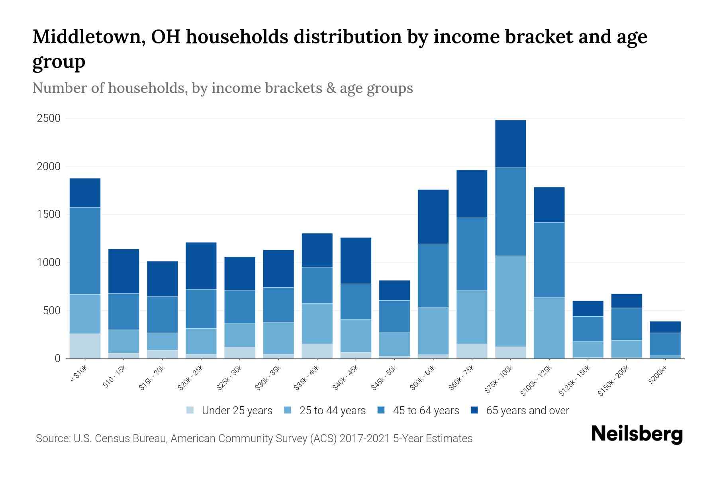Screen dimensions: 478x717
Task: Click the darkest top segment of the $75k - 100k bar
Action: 510,144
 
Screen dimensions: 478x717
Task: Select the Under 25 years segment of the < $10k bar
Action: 85,346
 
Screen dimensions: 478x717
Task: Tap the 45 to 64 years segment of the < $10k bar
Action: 85,251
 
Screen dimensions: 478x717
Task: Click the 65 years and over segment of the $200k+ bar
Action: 665,327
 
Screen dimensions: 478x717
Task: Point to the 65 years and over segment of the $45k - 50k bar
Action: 394,290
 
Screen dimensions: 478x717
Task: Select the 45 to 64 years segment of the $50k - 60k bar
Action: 433,276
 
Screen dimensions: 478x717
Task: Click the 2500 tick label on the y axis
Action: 49,118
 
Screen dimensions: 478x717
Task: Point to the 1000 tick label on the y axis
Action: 49,263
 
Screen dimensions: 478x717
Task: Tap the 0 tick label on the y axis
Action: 57,358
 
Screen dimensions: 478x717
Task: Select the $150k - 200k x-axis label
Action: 614,381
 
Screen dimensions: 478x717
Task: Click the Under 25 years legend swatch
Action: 190,410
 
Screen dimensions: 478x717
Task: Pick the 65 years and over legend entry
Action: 527,411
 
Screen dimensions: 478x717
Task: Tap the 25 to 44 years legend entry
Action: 332,411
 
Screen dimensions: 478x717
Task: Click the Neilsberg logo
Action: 637,434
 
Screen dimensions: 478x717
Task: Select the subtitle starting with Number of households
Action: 222,88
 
